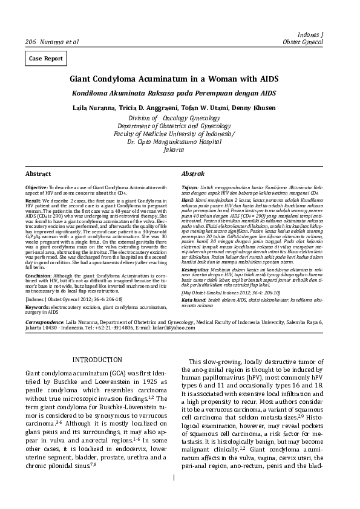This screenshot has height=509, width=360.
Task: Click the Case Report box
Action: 45,59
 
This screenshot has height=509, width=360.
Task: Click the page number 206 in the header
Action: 30,42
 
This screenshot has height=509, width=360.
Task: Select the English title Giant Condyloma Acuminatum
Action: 174,79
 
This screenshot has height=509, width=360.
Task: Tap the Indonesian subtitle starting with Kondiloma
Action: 174,93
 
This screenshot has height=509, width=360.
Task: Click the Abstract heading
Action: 38,173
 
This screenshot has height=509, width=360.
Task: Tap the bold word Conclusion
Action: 38,274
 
